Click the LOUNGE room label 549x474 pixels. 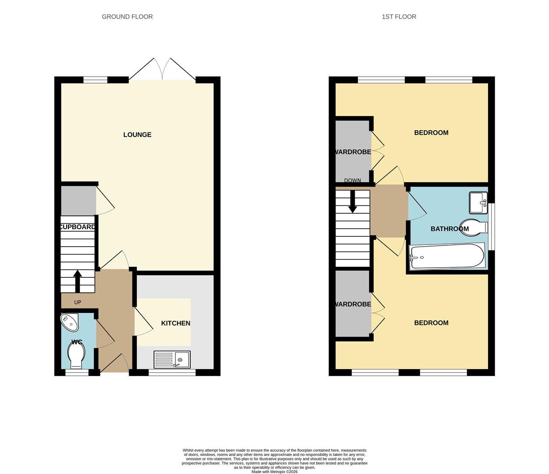pyautogui.click(x=137, y=135)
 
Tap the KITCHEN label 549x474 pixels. pyautogui.click(x=175, y=323)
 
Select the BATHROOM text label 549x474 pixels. pyautogui.click(x=449, y=229)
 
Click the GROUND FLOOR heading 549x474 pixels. pyautogui.click(x=127, y=17)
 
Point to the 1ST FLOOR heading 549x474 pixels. pyautogui.click(x=399, y=17)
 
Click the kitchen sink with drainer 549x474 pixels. pyautogui.click(x=172, y=359)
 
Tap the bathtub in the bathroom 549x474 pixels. pyautogui.click(x=447, y=256)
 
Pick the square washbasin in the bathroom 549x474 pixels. pyautogui.click(x=478, y=202)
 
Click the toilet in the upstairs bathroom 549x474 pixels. pyautogui.click(x=474, y=227)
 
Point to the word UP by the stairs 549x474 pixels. pyautogui.click(x=78, y=302)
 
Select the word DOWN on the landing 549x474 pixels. pyautogui.click(x=353, y=180)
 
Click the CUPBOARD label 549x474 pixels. pyautogui.click(x=78, y=227)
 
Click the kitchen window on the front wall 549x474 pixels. pyautogui.click(x=172, y=373)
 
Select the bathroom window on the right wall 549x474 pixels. pyautogui.click(x=492, y=227)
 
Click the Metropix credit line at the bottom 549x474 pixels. pyautogui.click(x=274, y=472)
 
